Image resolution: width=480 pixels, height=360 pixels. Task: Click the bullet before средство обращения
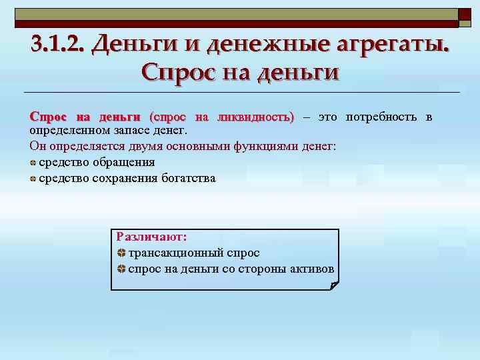pyautogui.click(x=33, y=163)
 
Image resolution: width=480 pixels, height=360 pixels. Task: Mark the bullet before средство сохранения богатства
pyautogui.click(x=33, y=179)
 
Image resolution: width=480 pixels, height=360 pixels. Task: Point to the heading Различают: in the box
pyautogui.click(x=151, y=237)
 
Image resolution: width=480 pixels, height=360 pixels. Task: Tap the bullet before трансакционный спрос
pyautogui.click(x=121, y=253)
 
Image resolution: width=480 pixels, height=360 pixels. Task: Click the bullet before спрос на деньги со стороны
pyautogui.click(x=121, y=269)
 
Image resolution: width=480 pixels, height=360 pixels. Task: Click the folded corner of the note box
pyautogui.click(x=334, y=286)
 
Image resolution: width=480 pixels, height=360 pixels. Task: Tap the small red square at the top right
pyautogui.click(x=465, y=17)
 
